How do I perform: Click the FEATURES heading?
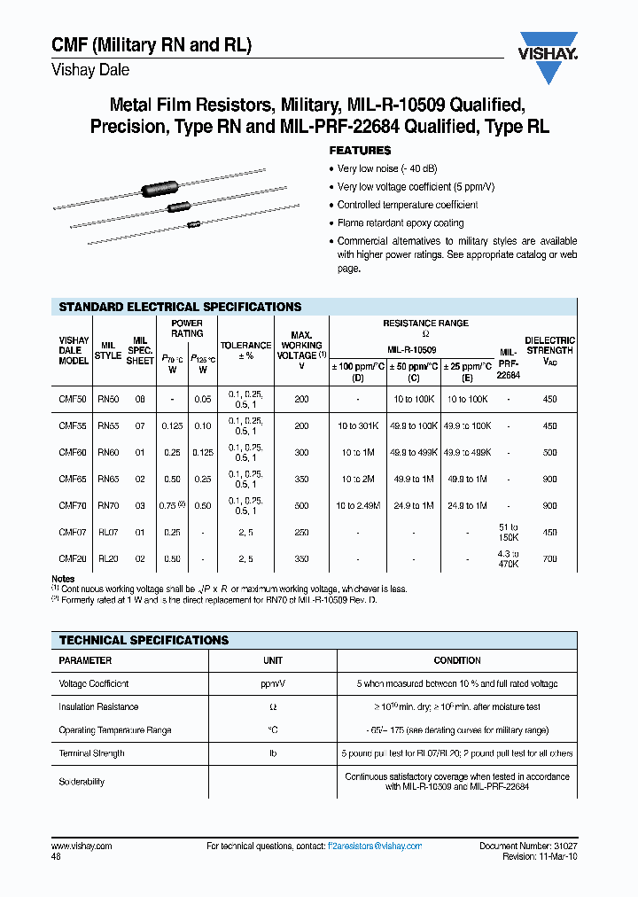(x=360, y=151)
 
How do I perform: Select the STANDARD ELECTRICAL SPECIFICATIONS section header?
(x=180, y=307)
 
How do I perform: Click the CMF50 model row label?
(x=73, y=400)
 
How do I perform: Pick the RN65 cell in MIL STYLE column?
(x=107, y=479)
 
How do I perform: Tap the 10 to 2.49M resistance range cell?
(x=358, y=505)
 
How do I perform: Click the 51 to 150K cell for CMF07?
(x=508, y=532)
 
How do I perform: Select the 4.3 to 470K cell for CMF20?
(x=508, y=558)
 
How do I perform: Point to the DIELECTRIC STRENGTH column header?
(x=549, y=345)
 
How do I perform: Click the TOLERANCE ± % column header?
(x=245, y=350)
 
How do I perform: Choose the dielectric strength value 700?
(x=549, y=558)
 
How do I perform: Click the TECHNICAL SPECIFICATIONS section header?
(x=144, y=640)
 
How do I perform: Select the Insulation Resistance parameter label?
(x=98, y=707)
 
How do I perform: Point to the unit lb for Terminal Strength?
(x=272, y=753)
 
